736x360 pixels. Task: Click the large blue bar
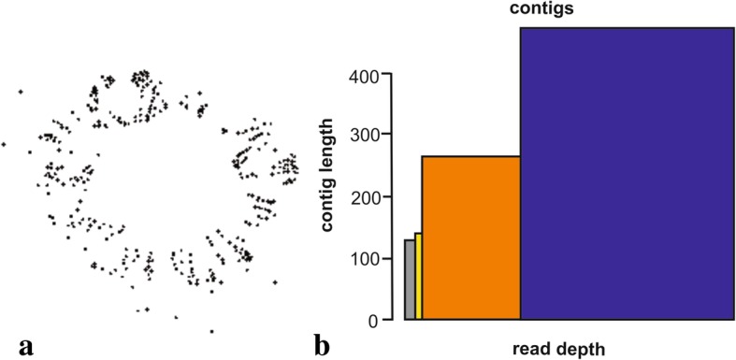point(627,174)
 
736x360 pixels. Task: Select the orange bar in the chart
point(471,238)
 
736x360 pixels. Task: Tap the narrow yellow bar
point(418,277)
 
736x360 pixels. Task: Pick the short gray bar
point(410,281)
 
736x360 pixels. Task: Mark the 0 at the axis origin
point(372,321)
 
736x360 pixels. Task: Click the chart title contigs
point(541,9)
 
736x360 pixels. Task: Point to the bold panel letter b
point(322,346)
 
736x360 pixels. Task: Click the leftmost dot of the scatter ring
point(4,144)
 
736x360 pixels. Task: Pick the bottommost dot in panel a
point(211,331)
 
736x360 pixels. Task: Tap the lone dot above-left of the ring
point(20,92)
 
